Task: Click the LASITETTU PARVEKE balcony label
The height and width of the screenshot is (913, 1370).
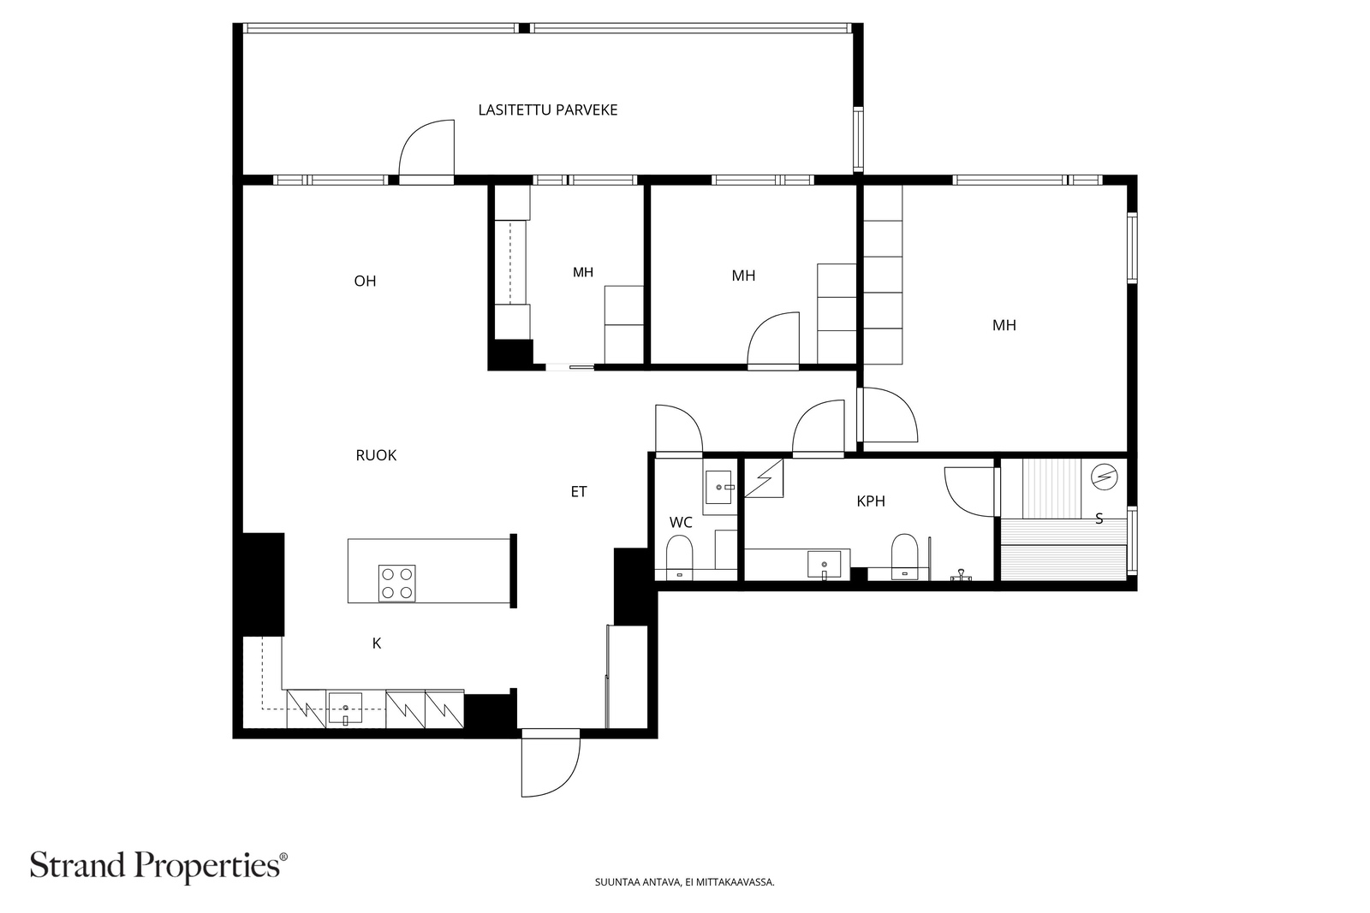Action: pyautogui.click(x=547, y=110)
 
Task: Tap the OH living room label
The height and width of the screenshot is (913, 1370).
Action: pyautogui.click(x=365, y=282)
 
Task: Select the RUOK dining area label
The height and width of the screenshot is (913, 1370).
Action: pyautogui.click(x=376, y=455)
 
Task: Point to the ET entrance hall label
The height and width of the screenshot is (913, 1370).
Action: pyautogui.click(x=579, y=492)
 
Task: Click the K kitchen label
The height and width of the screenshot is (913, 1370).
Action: pyautogui.click(x=377, y=643)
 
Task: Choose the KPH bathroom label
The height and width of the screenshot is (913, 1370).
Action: pyautogui.click(x=871, y=501)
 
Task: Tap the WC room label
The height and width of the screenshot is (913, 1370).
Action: pyautogui.click(x=681, y=523)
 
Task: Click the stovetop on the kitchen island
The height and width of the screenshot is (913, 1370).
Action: pyautogui.click(x=397, y=583)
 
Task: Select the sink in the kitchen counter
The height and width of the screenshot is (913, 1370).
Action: pyautogui.click(x=346, y=708)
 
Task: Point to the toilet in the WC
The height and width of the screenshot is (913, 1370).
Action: pyautogui.click(x=679, y=557)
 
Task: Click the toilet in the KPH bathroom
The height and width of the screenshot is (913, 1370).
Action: pyautogui.click(x=904, y=556)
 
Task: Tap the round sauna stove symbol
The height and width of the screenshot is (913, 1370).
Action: pyautogui.click(x=1104, y=477)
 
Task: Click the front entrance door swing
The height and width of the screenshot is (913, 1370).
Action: pyautogui.click(x=551, y=764)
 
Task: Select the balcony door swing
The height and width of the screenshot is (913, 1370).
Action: pyautogui.click(x=426, y=149)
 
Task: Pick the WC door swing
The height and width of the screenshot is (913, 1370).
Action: pyautogui.click(x=679, y=429)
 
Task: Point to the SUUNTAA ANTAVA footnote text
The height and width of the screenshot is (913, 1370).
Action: pyautogui.click(x=684, y=882)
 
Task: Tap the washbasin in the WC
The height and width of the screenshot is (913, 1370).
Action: pyautogui.click(x=718, y=487)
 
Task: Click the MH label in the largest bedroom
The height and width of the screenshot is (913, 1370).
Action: pyautogui.click(x=1004, y=326)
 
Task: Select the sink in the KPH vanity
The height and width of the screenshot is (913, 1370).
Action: pyautogui.click(x=824, y=564)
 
